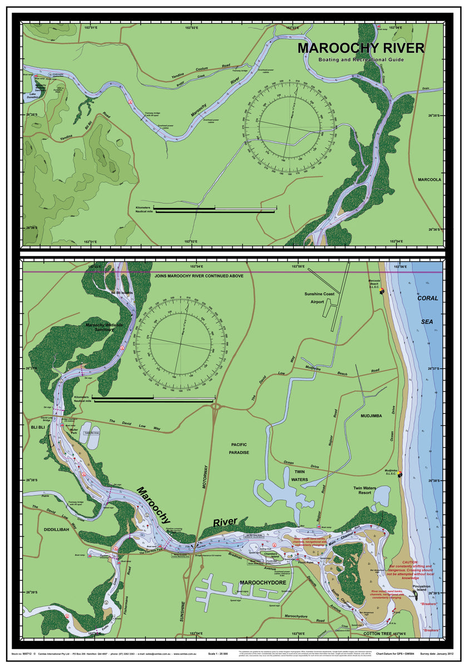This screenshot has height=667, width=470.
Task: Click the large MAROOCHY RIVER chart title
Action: [360, 48]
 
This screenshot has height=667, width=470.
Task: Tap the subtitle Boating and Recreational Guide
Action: [361, 59]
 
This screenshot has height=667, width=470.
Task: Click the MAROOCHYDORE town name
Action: [262, 582]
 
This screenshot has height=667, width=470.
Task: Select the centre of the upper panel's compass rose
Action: [289, 127]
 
